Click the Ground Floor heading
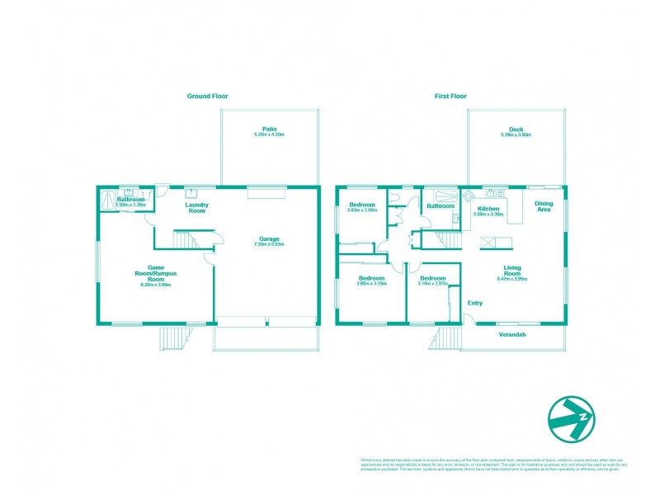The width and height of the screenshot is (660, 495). (x=207, y=97)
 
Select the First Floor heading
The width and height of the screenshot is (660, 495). (x=451, y=97)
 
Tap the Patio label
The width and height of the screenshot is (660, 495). (x=269, y=129)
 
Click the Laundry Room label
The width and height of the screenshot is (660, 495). (x=196, y=208)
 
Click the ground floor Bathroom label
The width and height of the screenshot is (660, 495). (x=130, y=200)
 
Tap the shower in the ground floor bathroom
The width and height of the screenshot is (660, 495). (x=107, y=199)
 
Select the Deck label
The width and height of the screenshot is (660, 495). (x=516, y=129)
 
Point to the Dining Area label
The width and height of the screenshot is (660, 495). (x=544, y=207)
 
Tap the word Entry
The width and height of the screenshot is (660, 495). (x=475, y=304)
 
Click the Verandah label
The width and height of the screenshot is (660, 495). (x=513, y=334)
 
